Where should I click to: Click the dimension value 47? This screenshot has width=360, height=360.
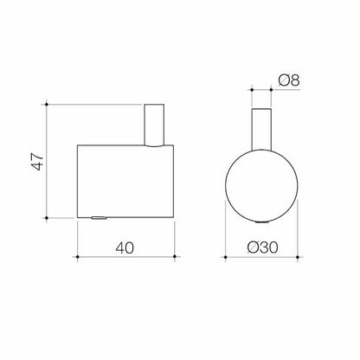click(x=34, y=161)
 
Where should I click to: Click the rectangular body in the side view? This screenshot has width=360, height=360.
click(x=127, y=181)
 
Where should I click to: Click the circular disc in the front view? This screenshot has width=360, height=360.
click(x=260, y=181)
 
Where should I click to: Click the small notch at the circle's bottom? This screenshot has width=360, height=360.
click(x=260, y=217)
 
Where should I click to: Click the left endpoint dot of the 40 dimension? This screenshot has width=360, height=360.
click(x=78, y=257)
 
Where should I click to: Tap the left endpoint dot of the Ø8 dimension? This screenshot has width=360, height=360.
click(x=251, y=88)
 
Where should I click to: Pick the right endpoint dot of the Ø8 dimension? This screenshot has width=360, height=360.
click(x=270, y=88)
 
